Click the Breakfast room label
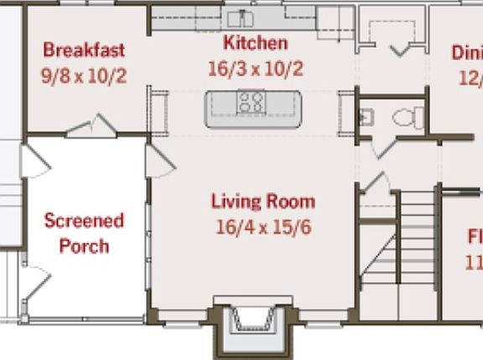[x=84, y=50]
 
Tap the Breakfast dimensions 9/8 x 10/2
[x=84, y=76]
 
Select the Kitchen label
[x=255, y=44]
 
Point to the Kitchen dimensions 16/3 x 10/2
[x=255, y=69]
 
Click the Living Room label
[x=262, y=201]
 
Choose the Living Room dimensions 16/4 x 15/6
[x=262, y=227]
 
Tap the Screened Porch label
[x=84, y=233]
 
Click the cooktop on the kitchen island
[x=251, y=103]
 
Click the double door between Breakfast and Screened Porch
[x=92, y=128]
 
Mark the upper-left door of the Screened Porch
[x=34, y=161]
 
